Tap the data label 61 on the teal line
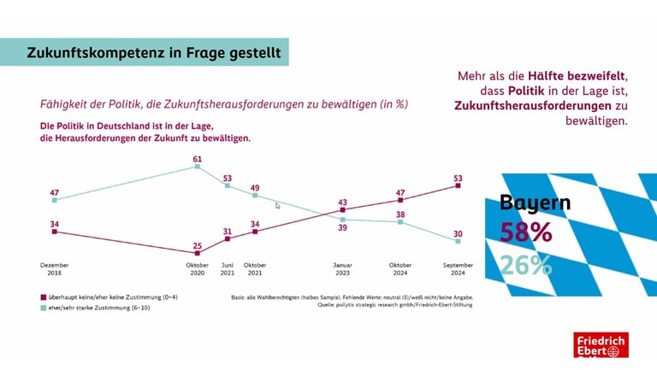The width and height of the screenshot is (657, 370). [x=197, y=159]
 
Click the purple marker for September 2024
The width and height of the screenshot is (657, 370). [x=458, y=185]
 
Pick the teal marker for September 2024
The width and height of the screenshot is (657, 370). [x=458, y=241]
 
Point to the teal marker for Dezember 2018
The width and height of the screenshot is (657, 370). [x=54, y=200]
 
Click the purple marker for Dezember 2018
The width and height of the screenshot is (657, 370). [x=54, y=231]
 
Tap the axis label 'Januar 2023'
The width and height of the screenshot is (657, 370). [x=342, y=268]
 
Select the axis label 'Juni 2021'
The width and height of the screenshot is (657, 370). [x=228, y=268]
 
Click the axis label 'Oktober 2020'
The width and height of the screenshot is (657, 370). [x=197, y=268]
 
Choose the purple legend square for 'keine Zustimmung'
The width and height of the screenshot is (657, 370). [x=44, y=297]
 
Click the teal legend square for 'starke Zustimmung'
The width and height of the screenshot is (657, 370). [x=44, y=307]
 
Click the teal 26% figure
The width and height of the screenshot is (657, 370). [x=526, y=265]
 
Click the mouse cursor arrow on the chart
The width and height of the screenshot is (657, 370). [x=277, y=206]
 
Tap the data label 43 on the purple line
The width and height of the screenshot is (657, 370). [x=342, y=201]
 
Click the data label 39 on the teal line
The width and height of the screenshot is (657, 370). [x=342, y=228]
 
